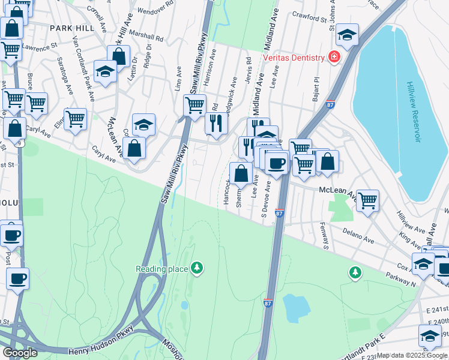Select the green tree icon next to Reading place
pyautogui.click(x=197, y=268)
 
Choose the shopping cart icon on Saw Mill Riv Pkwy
pyautogui.click(x=194, y=106)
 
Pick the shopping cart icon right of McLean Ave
pyautogui.click(x=367, y=201)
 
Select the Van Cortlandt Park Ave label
pyautogui.click(x=83, y=66)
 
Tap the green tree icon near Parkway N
pyautogui.click(x=355, y=273)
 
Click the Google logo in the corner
pyautogui.click(x=20, y=352)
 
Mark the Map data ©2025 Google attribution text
pyautogui.click(x=411, y=355)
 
